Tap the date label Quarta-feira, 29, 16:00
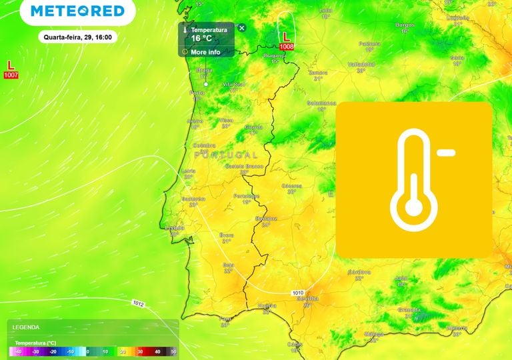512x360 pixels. click(x=78, y=37)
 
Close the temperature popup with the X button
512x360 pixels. click(x=242, y=28)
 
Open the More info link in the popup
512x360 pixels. click(x=205, y=51)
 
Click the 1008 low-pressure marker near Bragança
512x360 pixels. click(x=286, y=41)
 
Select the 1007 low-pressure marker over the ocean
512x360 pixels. click(x=11, y=69)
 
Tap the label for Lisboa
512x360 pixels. click(x=174, y=227)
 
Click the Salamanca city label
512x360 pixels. click(x=321, y=103)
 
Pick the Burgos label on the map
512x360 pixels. click(x=405, y=25)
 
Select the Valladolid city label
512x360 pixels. click(x=360, y=64)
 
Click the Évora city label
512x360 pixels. click(x=227, y=235)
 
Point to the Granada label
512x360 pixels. click(x=409, y=310)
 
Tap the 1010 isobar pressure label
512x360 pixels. click(x=298, y=293)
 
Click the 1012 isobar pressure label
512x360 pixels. click(x=138, y=303)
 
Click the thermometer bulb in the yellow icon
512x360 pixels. click(x=414, y=209)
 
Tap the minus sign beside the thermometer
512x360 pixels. click(x=447, y=153)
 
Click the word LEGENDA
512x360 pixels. click(x=26, y=327)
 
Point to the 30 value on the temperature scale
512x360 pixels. click(x=140, y=351)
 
